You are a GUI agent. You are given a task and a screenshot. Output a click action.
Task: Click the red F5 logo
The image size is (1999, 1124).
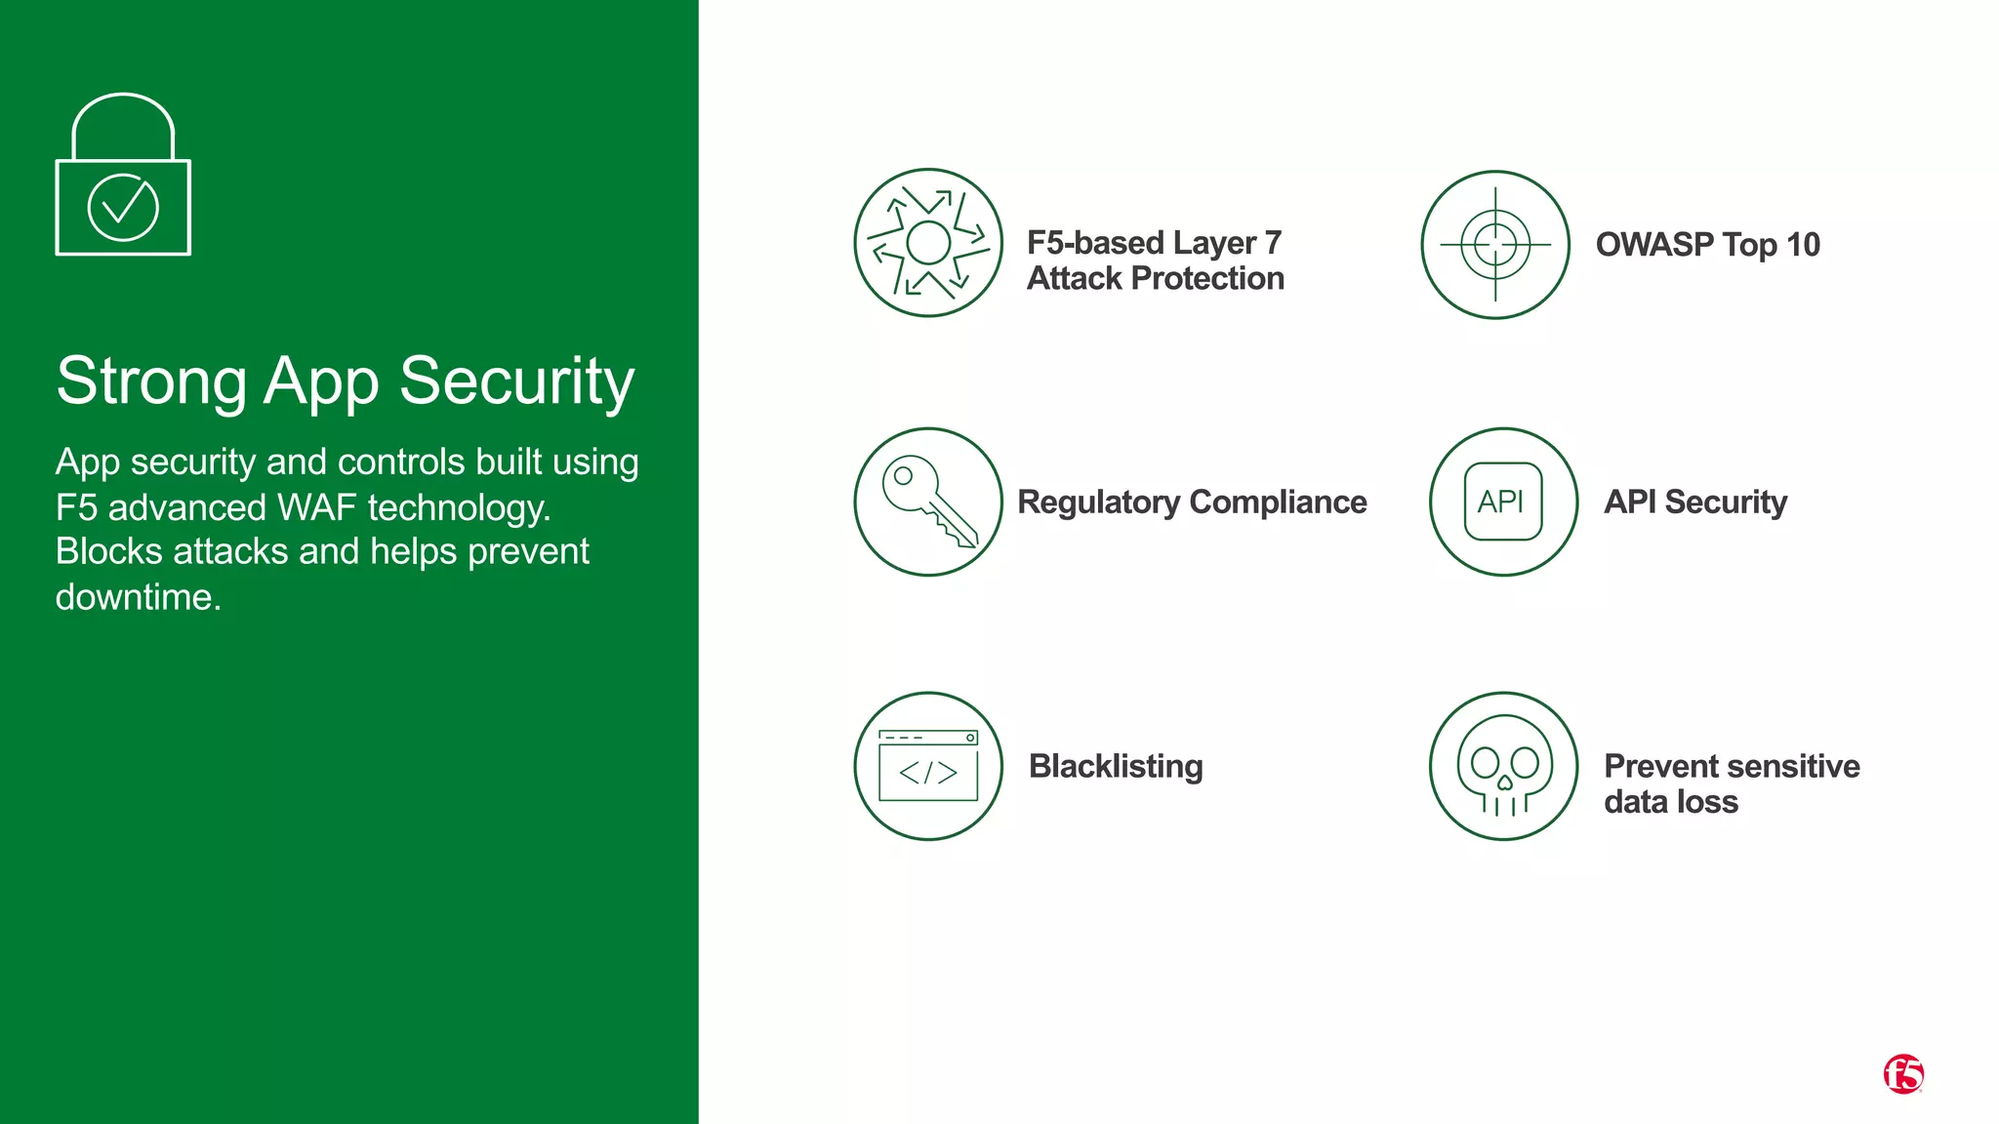click(1902, 1074)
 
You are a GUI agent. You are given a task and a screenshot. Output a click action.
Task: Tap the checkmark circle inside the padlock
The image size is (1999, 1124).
click(123, 207)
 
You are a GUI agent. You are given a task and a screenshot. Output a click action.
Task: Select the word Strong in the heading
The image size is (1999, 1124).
click(151, 381)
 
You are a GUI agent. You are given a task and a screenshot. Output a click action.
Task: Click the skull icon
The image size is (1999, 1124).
click(1503, 767)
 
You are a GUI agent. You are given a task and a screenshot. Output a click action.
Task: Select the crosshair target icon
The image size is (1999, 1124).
click(1495, 245)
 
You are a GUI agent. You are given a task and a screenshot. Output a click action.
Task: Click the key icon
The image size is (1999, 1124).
click(928, 502)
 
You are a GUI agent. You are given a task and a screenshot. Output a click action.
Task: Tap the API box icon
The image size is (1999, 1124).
click(1503, 502)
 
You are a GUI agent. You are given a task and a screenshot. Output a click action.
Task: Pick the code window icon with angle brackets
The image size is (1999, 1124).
click(928, 767)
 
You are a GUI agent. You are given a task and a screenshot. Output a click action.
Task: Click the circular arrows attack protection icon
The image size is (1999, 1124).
click(928, 243)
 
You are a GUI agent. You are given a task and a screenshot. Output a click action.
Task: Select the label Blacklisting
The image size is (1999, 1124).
click(1116, 767)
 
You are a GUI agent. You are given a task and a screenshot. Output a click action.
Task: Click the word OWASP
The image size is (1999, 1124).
click(1654, 245)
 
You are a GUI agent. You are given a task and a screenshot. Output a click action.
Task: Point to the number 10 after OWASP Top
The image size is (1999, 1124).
click(1803, 245)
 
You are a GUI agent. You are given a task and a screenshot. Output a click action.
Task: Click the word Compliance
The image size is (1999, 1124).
click(1279, 502)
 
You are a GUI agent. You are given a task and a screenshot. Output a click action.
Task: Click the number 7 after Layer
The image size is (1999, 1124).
click(1273, 243)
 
